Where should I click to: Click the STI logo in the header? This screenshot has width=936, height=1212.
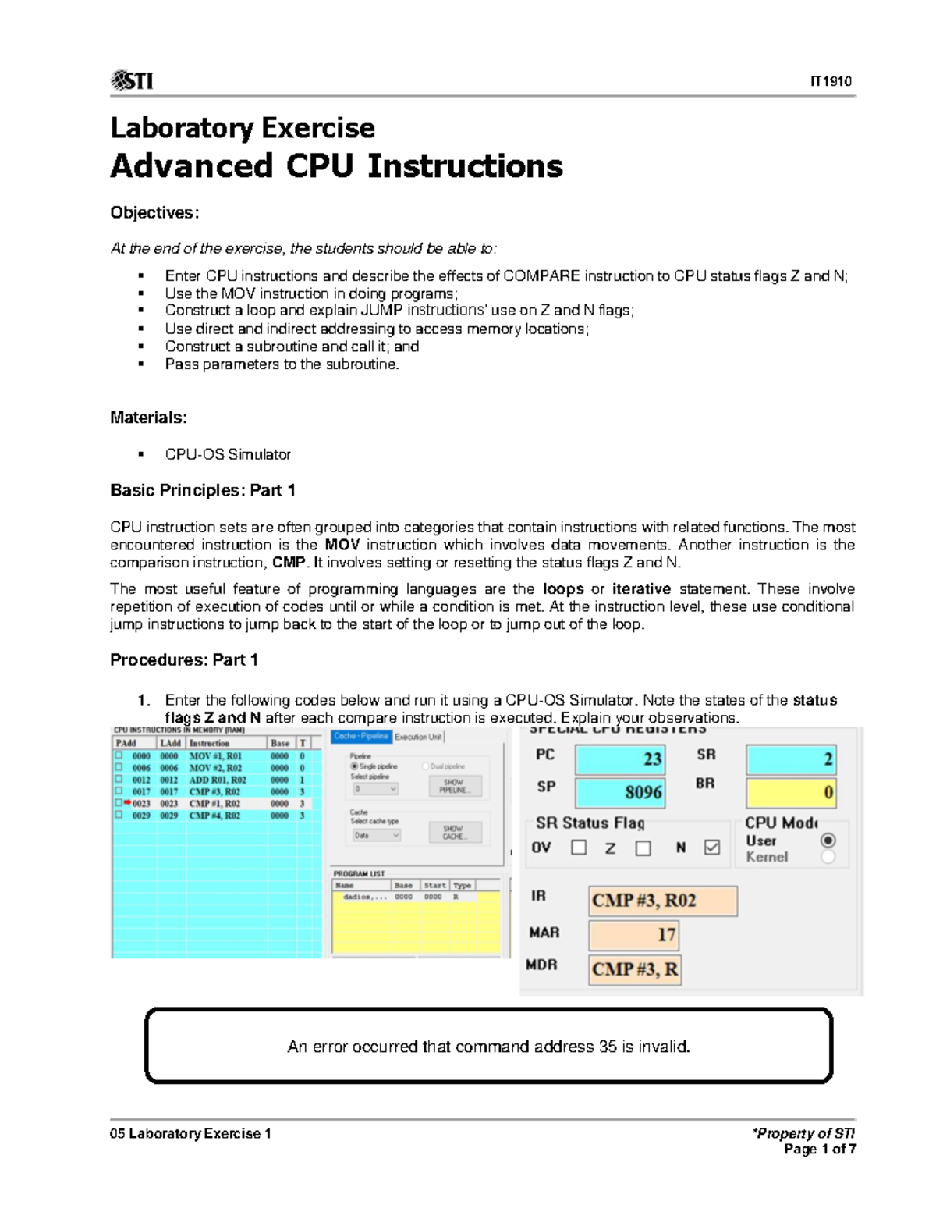(132, 80)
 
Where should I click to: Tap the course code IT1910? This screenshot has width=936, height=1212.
(831, 81)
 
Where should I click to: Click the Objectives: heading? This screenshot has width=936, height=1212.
(154, 213)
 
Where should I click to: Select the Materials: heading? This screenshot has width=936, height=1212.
(148, 418)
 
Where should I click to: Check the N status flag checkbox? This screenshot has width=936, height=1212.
(711, 848)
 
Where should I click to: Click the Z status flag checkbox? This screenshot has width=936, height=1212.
(643, 848)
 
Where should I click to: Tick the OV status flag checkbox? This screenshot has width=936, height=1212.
(579, 848)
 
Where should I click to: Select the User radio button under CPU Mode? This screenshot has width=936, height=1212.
(828, 841)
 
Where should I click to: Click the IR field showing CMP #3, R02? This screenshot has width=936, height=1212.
(662, 901)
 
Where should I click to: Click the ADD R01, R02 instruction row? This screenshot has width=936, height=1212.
(217, 780)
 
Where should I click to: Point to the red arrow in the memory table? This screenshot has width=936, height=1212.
(126, 802)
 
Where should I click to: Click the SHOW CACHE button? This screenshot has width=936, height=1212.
(455, 832)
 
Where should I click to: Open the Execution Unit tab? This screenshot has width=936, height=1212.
(418, 737)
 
